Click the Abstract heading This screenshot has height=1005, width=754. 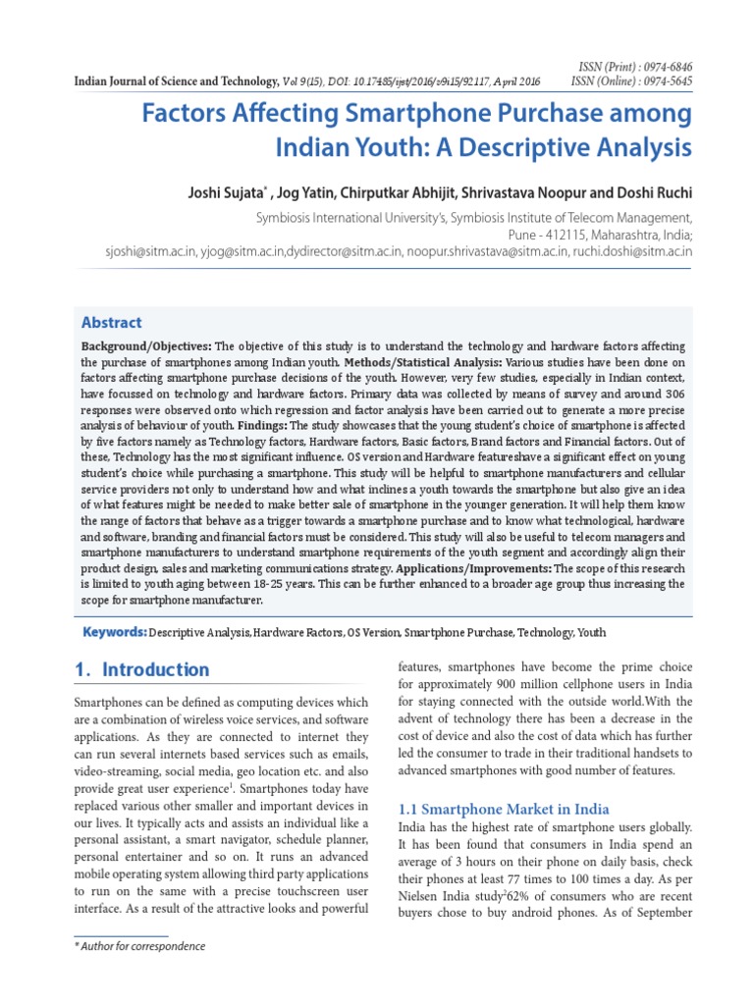pyautogui.click(x=111, y=322)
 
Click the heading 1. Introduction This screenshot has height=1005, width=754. pyautogui.click(x=142, y=669)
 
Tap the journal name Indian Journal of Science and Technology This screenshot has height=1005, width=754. pyautogui.click(x=177, y=81)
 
